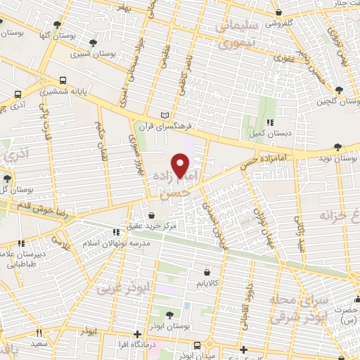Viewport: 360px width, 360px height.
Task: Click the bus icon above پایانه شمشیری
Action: (63, 80)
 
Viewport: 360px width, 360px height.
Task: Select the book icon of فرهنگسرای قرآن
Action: (165, 115)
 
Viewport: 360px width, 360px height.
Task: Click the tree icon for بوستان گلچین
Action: (340, 90)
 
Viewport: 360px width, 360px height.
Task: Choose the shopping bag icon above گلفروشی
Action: (279, 12)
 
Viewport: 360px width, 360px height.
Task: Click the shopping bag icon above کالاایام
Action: (206, 271)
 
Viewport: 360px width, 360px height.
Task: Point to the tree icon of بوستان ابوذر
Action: (169, 314)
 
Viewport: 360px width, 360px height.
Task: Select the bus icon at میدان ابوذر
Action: (198, 345)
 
